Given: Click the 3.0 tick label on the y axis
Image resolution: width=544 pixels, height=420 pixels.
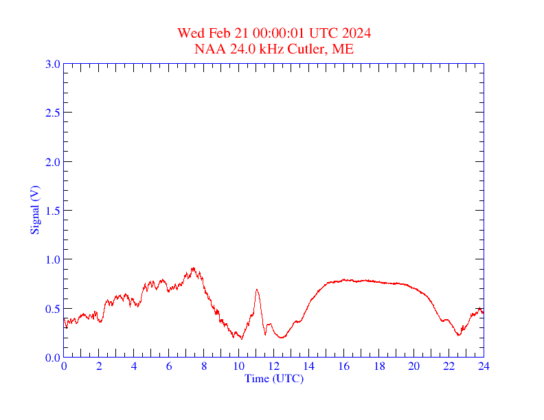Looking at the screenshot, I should click(x=52, y=64).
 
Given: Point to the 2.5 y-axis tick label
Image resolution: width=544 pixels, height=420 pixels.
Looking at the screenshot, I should click(x=52, y=113).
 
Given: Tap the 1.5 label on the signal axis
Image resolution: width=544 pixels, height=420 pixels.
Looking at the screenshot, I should click(x=52, y=211).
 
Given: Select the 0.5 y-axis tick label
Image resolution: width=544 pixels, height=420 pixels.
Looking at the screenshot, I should click(x=52, y=309).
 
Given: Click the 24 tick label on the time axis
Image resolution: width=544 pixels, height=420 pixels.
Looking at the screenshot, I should click(x=484, y=366).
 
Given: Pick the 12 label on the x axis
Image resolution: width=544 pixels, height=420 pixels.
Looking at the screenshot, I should click(x=273, y=366).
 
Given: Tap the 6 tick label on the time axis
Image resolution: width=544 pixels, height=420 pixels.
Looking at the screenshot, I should click(x=169, y=366).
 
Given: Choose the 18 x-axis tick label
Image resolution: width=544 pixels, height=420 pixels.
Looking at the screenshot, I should click(x=378, y=366).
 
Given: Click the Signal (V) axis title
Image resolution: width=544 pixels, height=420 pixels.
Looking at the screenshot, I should click(x=34, y=210).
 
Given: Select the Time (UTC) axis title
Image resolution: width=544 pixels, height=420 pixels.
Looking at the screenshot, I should click(x=273, y=378).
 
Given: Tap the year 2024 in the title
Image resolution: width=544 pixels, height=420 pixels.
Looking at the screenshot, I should click(x=356, y=34).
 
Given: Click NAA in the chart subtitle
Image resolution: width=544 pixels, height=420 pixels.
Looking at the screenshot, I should click(x=207, y=49).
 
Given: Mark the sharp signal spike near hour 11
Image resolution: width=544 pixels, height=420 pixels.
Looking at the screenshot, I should click(x=257, y=290).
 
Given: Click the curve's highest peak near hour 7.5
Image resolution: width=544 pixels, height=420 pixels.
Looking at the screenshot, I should click(x=193, y=268).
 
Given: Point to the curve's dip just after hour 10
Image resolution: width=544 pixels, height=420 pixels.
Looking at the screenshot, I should click(x=241, y=338).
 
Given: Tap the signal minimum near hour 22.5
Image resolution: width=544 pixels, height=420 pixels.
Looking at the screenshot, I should click(x=458, y=335).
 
